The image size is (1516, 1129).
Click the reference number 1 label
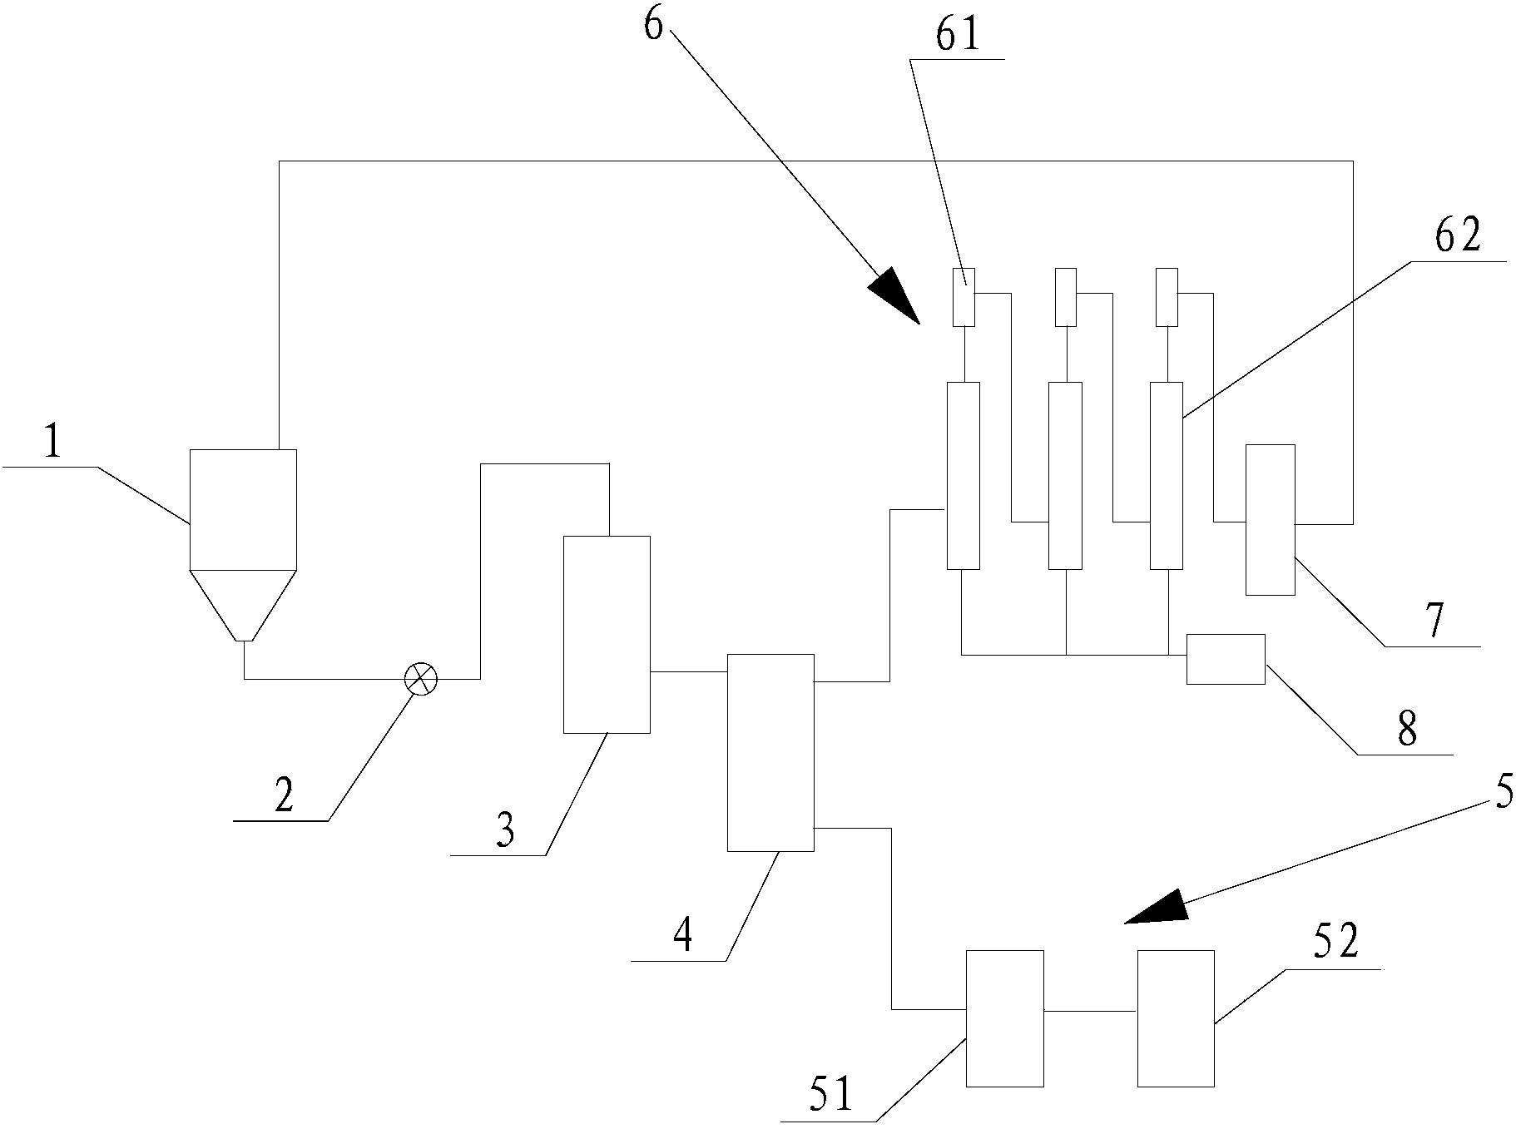point(52,442)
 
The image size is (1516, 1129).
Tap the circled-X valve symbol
point(420,679)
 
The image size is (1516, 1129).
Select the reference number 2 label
point(284,797)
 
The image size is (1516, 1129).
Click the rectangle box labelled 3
point(607,634)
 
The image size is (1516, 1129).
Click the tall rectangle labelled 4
point(770,752)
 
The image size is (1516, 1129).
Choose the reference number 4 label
point(682,936)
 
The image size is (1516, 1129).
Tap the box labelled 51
point(1004,1018)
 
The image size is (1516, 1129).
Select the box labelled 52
point(1175,1018)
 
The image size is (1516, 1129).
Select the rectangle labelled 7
point(1270,519)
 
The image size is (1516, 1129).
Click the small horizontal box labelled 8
point(1225,659)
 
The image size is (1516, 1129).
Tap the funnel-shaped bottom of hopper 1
point(243,603)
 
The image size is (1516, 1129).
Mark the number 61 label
point(959,36)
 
